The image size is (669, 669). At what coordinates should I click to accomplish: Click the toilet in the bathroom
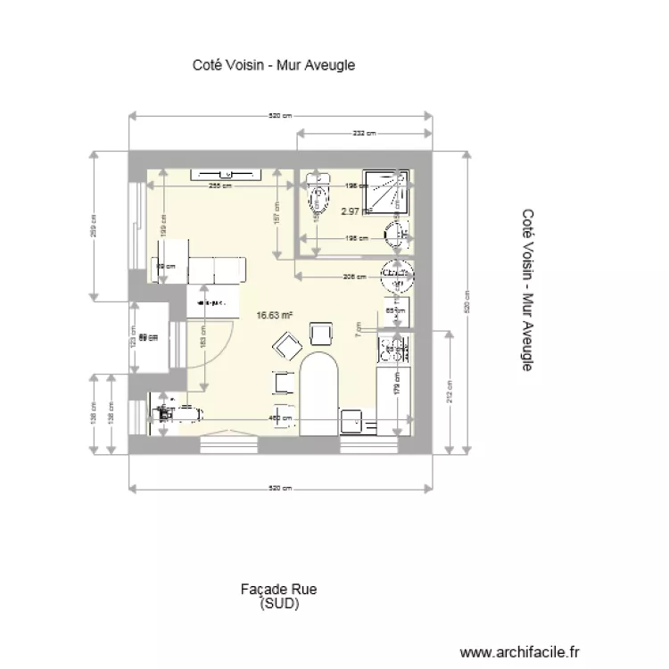317,199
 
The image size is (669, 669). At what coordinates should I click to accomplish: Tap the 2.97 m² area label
356,211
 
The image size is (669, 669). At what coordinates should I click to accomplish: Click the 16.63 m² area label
275,315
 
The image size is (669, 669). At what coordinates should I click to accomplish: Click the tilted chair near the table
287,343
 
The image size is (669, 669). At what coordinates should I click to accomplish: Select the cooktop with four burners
392,350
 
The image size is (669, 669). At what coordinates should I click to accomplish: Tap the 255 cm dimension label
219,186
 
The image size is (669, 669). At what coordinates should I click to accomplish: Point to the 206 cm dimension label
354,277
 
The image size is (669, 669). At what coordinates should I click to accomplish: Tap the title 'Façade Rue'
278,590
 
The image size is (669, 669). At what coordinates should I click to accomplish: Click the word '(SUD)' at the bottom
278,603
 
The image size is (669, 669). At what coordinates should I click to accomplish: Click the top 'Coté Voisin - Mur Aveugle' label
274,65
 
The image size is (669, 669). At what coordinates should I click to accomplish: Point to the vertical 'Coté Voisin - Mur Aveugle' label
527,290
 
